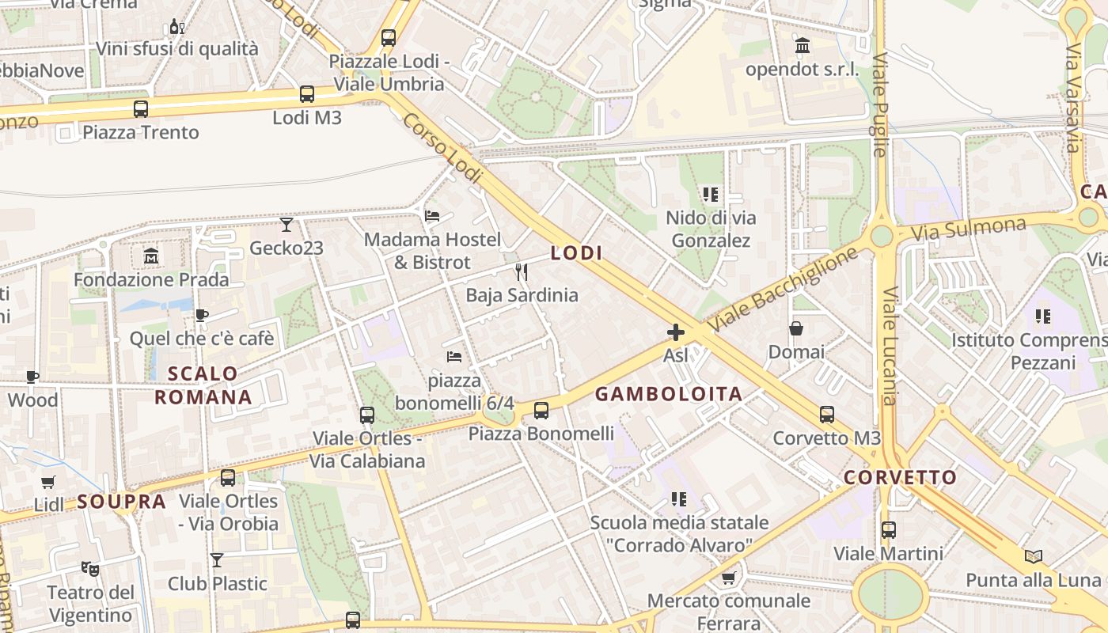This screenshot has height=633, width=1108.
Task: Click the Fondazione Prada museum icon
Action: click(150, 256)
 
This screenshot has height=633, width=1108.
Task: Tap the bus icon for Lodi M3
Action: click(307, 94)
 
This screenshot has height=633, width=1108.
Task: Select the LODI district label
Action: click(576, 253)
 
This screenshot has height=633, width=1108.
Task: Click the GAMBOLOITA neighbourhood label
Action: click(669, 394)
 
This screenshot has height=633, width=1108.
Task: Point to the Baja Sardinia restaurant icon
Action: click(522, 272)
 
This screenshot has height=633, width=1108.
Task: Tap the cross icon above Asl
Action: click(675, 332)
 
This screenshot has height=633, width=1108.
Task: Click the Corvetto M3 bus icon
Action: click(827, 414)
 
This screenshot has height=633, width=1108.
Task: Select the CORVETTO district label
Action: click(900, 478)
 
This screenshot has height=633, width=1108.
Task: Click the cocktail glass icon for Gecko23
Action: click(286, 225)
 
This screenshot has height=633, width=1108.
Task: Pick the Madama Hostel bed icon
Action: click(432, 215)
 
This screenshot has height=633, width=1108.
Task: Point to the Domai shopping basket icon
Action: click(796, 328)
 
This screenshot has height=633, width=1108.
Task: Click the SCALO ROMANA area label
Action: click(203, 385)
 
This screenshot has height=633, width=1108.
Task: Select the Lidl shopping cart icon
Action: click(48, 482)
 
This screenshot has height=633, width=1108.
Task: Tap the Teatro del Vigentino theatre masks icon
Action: click(90, 568)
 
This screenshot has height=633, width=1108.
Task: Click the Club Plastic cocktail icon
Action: click(217, 560)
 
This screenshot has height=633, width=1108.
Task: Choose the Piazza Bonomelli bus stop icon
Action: click(541, 410)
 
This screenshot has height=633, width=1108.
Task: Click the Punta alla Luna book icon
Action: click(1033, 556)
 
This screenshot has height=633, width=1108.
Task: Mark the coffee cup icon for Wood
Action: click(32, 377)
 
